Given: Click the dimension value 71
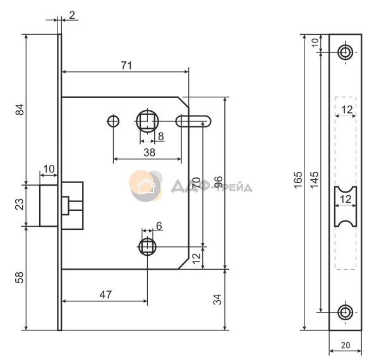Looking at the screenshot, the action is pyautogui.click(x=126, y=66).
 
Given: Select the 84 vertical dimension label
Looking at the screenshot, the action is pyautogui.click(x=20, y=109).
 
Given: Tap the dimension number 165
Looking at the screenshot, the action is pyautogui.click(x=298, y=179).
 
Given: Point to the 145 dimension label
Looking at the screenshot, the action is pyautogui.click(x=315, y=180).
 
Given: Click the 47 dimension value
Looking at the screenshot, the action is pyautogui.click(x=106, y=294).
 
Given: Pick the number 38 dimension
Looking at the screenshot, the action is pyautogui.click(x=149, y=152).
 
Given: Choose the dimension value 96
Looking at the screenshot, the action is pyautogui.click(x=219, y=182).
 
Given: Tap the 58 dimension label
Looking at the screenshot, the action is pyautogui.click(x=20, y=277).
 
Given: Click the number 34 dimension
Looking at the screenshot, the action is pyautogui.click(x=218, y=299).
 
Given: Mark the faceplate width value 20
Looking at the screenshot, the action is pyautogui.click(x=346, y=345).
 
